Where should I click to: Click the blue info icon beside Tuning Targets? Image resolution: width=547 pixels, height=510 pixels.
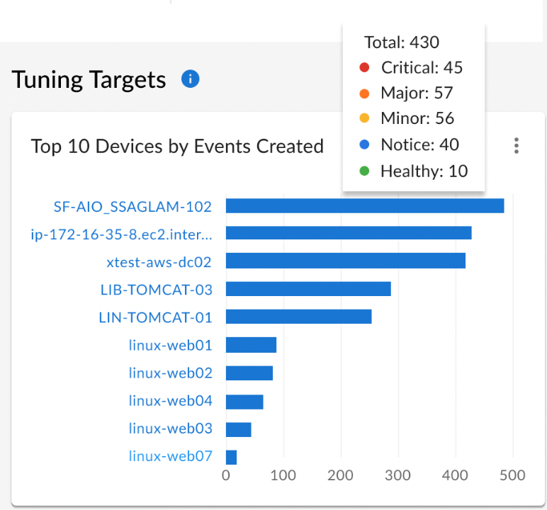(190, 79)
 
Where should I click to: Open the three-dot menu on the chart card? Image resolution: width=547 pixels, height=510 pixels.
(517, 145)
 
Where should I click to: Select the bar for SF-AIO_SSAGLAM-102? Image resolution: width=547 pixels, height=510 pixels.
(365, 205)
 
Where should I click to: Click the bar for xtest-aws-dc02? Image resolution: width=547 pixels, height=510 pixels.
(346, 261)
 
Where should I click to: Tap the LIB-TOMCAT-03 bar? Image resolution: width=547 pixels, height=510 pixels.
(308, 289)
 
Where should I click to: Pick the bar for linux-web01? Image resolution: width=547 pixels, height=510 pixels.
(251, 345)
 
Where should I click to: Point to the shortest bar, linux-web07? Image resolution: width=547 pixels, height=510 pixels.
(231, 458)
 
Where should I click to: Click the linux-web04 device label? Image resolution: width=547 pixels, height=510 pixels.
(170, 400)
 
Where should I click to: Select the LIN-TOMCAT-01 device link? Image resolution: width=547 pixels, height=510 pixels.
(155, 317)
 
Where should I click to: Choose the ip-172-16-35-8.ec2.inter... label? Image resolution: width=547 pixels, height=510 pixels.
(121, 234)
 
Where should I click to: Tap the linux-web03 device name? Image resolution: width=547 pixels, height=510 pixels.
(170, 428)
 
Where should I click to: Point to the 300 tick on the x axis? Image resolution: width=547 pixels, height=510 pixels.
(397, 475)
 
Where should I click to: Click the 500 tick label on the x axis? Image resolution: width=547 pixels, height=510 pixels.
(512, 475)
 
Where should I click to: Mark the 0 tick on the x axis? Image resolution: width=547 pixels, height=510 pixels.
(226, 475)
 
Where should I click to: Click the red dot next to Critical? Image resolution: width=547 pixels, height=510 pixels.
(364, 67)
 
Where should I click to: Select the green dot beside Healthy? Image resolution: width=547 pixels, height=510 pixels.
(364, 171)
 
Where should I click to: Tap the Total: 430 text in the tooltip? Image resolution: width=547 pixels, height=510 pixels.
(402, 42)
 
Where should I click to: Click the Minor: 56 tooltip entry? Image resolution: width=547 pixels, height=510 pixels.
(417, 118)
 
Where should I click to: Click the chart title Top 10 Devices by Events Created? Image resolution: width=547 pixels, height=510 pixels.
(177, 146)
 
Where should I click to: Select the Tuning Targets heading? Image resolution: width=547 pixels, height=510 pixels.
(89, 80)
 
